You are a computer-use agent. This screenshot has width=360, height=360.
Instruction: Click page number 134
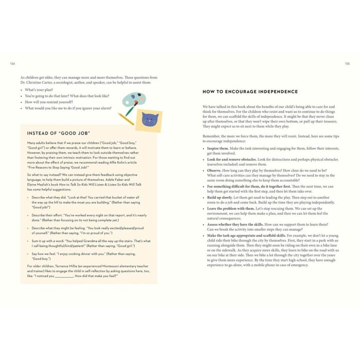pos(13,64)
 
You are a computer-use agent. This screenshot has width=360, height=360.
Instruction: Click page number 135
pos(347,64)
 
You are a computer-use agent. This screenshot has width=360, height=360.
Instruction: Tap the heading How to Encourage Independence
pos(250,92)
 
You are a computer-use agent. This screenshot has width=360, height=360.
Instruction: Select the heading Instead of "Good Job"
pos(59,133)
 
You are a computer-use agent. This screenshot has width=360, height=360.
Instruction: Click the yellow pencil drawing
pos(126,119)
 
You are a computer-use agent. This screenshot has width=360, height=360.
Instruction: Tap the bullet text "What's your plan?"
pos(39,90)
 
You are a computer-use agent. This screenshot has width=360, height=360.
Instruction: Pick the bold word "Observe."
pos(214,170)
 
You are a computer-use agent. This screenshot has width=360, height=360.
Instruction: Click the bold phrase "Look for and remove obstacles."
pos(232,159)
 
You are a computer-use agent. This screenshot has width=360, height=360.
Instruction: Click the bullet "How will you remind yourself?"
pos(49,102)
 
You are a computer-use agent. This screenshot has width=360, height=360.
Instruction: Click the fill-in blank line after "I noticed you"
pos(64,276)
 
